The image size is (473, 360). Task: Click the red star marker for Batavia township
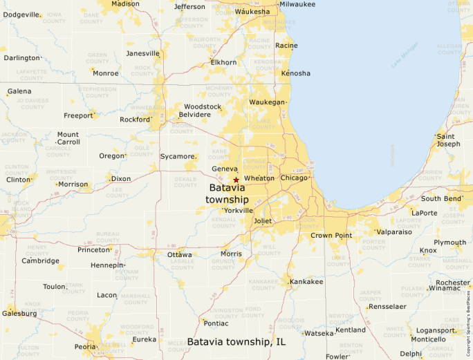(236, 180)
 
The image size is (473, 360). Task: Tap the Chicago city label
(294, 178)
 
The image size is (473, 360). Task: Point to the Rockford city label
(135, 119)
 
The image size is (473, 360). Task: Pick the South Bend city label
(441, 199)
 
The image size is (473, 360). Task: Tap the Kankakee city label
(306, 282)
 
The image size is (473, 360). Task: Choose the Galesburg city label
(19, 313)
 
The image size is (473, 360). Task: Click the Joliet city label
(263, 221)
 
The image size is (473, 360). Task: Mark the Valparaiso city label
(394, 232)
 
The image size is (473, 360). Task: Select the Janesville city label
(142, 53)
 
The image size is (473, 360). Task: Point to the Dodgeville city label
(22, 15)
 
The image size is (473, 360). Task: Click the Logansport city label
(436, 330)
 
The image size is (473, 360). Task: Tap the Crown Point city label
(331, 236)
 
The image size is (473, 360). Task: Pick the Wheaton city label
(259, 178)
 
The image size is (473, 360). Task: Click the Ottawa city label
(180, 254)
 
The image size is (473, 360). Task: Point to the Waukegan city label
(267, 102)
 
